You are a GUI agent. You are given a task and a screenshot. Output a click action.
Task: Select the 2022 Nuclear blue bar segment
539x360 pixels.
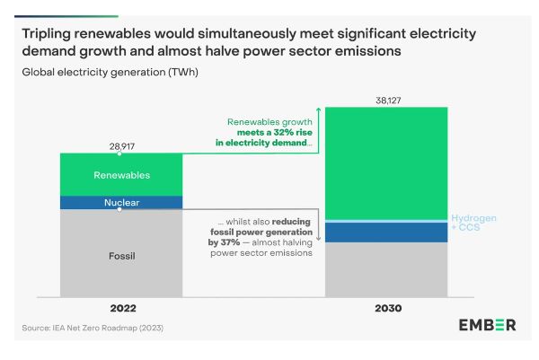[x=121, y=203]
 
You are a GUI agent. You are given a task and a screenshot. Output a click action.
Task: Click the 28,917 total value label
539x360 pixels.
[x=121, y=145]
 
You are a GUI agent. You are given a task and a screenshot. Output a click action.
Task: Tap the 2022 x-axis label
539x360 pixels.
[x=121, y=308]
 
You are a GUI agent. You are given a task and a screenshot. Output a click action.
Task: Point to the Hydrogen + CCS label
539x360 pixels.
[x=473, y=223]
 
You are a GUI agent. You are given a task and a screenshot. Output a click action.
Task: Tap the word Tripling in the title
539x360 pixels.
[x=50, y=33]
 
